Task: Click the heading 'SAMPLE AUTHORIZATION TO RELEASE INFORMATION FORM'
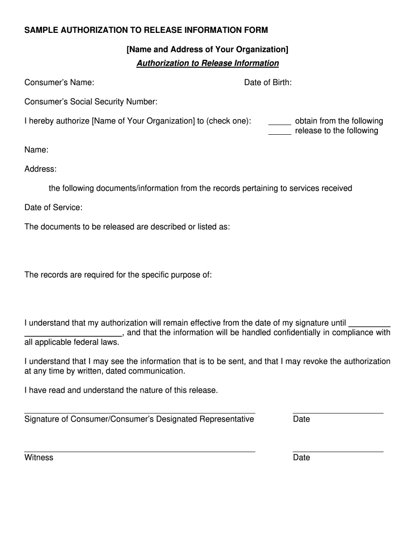[146, 30]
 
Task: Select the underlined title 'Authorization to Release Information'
[207, 64]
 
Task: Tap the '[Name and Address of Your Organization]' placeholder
[207, 50]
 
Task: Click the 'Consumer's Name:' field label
[59, 82]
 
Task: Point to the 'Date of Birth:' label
[268, 82]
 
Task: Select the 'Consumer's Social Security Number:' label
[91, 102]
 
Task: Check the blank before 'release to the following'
[280, 132]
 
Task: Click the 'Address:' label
[40, 169]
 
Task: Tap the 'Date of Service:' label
[53, 208]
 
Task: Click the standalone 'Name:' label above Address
[37, 150]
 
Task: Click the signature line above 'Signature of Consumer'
[140, 412]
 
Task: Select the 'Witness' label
[39, 458]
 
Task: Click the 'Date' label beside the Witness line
[301, 458]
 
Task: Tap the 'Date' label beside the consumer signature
[301, 419]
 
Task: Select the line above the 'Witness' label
[140, 451]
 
